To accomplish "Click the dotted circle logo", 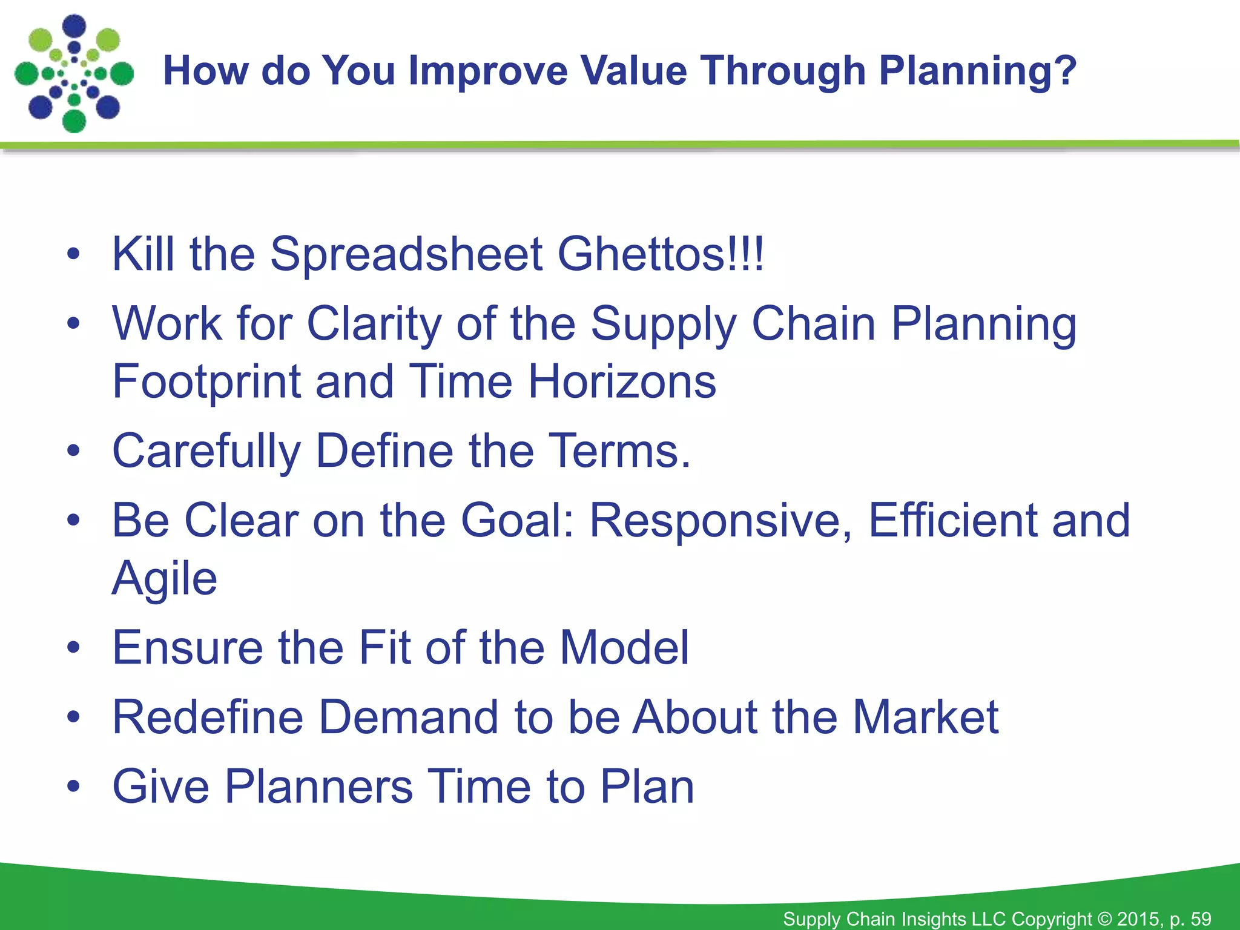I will click(74, 74).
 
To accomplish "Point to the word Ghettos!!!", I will click(661, 254).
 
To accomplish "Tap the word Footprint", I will click(206, 383).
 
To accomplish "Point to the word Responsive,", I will click(721, 521).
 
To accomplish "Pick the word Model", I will click(624, 648).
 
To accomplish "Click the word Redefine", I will click(208, 717).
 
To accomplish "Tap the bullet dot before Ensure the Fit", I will click(73, 648).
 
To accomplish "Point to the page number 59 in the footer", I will click(1201, 919).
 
